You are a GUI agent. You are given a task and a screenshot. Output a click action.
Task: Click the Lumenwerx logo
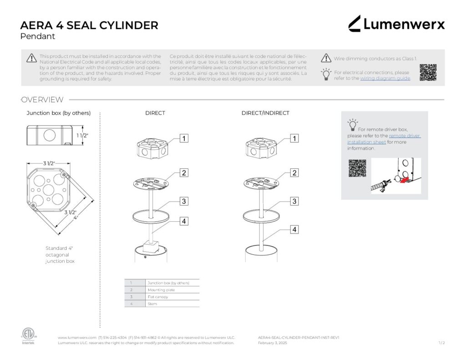(396, 24)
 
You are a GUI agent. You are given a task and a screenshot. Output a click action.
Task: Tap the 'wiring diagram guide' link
(385, 78)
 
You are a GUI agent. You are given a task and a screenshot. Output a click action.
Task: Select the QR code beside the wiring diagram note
(428, 72)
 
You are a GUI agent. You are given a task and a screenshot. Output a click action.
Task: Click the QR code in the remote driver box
(357, 168)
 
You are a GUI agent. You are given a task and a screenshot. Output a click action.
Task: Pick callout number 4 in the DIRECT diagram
(184, 221)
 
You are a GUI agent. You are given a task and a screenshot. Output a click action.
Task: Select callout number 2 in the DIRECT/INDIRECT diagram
(294, 173)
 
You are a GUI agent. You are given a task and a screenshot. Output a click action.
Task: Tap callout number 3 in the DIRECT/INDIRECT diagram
(294, 201)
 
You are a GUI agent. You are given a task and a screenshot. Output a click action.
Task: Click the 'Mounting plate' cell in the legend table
(161, 290)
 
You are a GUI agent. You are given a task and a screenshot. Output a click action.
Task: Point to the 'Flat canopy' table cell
(158, 297)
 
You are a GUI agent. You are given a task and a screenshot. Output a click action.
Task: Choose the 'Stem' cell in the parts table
(152, 304)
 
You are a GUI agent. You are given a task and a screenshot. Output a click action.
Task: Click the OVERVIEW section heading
(42, 100)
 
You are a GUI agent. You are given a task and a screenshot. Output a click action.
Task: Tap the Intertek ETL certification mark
(28, 335)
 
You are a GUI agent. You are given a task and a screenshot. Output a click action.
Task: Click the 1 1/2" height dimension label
(82, 136)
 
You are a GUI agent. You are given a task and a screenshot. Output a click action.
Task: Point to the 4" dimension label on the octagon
(76, 218)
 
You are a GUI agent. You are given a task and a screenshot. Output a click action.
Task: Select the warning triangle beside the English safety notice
(31, 58)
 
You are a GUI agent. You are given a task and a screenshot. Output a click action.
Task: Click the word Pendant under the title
(38, 36)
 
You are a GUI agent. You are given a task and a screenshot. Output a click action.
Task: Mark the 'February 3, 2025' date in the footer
(272, 343)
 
